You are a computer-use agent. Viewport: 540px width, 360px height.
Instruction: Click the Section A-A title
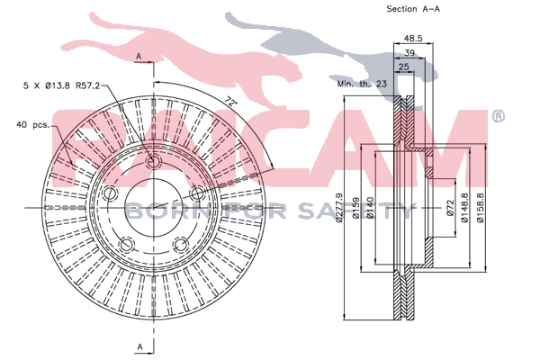tap(413, 9)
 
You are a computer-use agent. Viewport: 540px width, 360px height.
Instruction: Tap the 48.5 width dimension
tap(413, 38)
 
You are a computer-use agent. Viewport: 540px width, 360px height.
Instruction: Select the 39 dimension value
tap(409, 53)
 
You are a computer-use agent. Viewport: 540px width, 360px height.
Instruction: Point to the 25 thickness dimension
tap(403, 67)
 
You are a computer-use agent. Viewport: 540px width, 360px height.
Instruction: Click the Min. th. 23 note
tap(362, 84)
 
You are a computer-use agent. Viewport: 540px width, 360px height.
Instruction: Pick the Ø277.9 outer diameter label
tap(339, 208)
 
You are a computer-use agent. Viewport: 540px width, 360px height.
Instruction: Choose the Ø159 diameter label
tap(356, 208)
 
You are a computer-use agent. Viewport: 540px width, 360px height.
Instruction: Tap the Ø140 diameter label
tap(370, 208)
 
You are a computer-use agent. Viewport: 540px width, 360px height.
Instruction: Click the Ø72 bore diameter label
tap(450, 208)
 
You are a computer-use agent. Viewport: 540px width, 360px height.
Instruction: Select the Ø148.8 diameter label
tap(464, 208)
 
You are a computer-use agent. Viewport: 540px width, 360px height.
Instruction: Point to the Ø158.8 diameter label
tap(480, 208)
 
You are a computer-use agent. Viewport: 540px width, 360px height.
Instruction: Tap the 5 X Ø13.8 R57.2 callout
tap(61, 85)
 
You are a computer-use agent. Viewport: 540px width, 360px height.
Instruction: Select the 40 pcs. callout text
tap(33, 125)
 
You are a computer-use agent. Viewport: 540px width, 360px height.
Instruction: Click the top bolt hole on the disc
tap(153, 161)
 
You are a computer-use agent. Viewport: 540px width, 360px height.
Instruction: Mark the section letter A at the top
tap(139, 56)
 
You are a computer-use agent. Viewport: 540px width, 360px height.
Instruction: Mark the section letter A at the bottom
tap(140, 346)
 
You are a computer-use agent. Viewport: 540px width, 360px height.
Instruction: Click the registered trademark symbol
tap(498, 116)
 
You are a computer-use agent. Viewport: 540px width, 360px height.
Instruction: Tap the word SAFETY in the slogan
tap(355, 211)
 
